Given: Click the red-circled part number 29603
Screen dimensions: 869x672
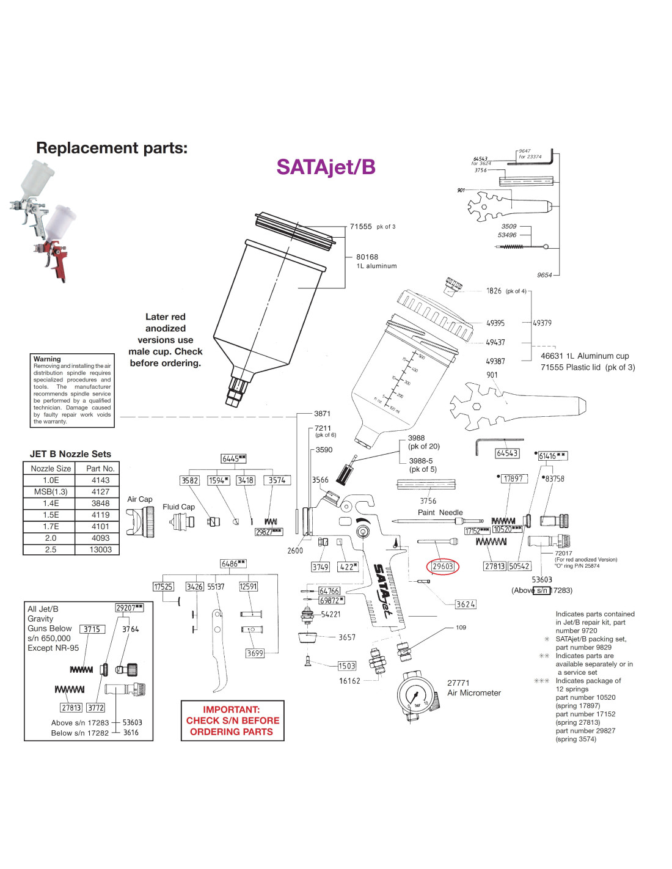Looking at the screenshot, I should [442, 566].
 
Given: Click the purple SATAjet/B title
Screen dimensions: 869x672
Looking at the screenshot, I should [326, 167].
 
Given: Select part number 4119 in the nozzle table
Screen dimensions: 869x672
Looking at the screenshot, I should [100, 515].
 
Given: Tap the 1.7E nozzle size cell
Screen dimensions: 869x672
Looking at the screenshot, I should [51, 526].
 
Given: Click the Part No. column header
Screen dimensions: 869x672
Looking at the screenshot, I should [100, 468].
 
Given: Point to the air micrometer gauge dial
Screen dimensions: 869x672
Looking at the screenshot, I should [416, 695].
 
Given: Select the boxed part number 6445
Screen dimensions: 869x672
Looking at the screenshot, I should [233, 458].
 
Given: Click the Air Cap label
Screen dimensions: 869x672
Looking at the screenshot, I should [140, 499].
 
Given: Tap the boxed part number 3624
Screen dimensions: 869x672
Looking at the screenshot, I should [466, 604].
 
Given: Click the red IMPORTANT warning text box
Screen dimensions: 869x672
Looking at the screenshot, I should [232, 721].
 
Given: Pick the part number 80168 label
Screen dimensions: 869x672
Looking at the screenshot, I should [367, 257].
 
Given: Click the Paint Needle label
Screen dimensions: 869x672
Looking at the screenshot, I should [440, 513].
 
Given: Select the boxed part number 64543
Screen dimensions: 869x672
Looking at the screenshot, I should [507, 453].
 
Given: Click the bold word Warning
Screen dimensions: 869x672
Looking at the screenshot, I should [47, 359].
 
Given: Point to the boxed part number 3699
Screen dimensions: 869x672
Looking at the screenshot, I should [255, 653].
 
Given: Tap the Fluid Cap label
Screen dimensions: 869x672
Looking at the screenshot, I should [178, 507].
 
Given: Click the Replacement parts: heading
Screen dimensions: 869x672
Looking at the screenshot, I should [112, 148].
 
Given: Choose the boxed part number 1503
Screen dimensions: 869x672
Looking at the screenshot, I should [346, 665].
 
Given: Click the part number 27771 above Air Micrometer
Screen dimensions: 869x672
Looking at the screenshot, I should [458, 683].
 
